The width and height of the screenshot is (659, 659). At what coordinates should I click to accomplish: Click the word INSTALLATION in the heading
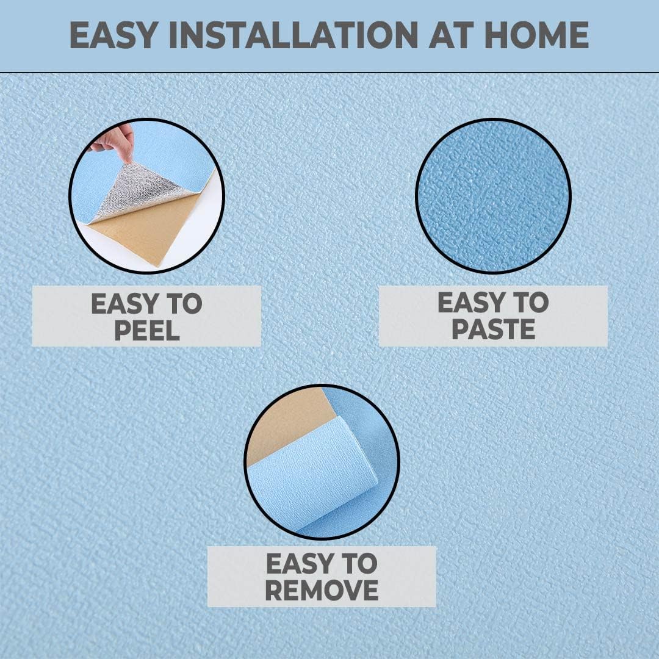click(293, 35)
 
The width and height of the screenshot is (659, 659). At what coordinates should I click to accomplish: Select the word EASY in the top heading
click(113, 35)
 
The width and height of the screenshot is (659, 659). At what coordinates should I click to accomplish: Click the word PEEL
click(147, 331)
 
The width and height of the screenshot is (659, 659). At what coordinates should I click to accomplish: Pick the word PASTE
click(494, 329)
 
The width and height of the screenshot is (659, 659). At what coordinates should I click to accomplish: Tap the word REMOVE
click(322, 590)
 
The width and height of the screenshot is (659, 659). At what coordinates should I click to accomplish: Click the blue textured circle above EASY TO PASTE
click(493, 196)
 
